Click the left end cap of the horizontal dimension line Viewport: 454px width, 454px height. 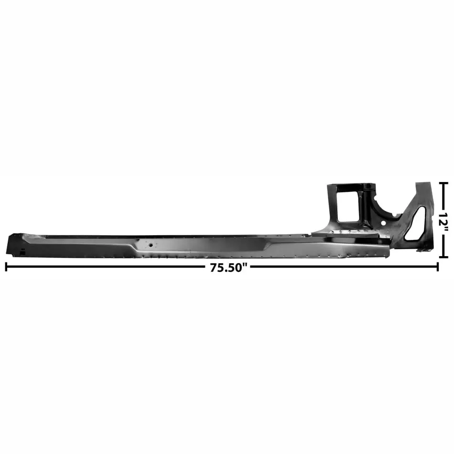(x=6, y=267)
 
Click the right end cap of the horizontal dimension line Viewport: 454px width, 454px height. (x=437, y=267)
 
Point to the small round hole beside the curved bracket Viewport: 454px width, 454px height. (x=383, y=224)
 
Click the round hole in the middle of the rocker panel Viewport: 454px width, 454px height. (x=151, y=245)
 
